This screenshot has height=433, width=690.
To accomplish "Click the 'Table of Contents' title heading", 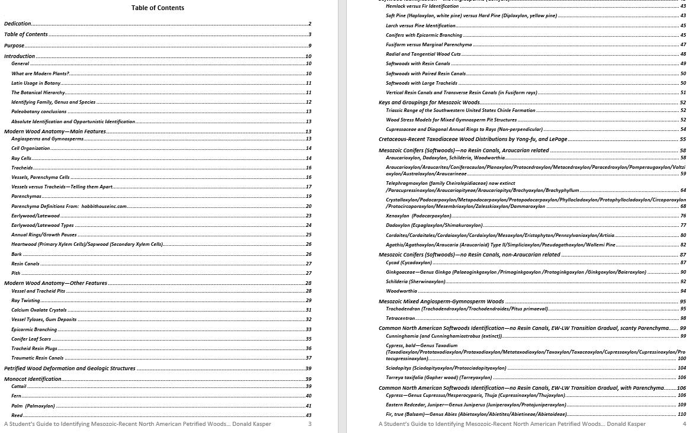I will click(157, 8).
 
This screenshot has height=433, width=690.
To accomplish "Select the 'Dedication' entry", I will click(18, 24).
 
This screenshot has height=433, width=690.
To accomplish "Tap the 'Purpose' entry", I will click(15, 46).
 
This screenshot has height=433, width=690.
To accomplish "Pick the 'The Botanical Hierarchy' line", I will click(38, 92).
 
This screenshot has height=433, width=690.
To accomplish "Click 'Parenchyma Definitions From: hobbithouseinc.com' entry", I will click(69, 206).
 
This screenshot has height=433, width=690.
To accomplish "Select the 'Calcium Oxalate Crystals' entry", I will click(39, 310).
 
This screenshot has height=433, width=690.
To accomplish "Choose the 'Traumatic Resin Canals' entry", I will click(37, 358).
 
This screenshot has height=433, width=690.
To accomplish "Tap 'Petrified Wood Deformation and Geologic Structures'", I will click(70, 368).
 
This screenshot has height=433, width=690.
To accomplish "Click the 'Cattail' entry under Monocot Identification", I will click(19, 386).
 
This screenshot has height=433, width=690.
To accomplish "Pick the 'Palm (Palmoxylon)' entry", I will click(33, 406).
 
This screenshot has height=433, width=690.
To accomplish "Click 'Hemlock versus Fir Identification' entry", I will click(422, 6).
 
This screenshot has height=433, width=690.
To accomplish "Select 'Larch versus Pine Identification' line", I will click(420, 25).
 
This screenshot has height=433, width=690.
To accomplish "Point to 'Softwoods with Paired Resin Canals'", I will click(425, 73).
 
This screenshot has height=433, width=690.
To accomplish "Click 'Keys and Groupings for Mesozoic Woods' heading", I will click(429, 102).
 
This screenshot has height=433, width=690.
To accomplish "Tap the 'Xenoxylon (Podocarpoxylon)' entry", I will click(418, 216).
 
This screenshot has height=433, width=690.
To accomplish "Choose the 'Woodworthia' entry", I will click(401, 291).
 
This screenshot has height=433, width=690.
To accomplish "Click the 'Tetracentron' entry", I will click(400, 319).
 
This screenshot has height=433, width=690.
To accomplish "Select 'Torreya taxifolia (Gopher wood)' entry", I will click(438, 377).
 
